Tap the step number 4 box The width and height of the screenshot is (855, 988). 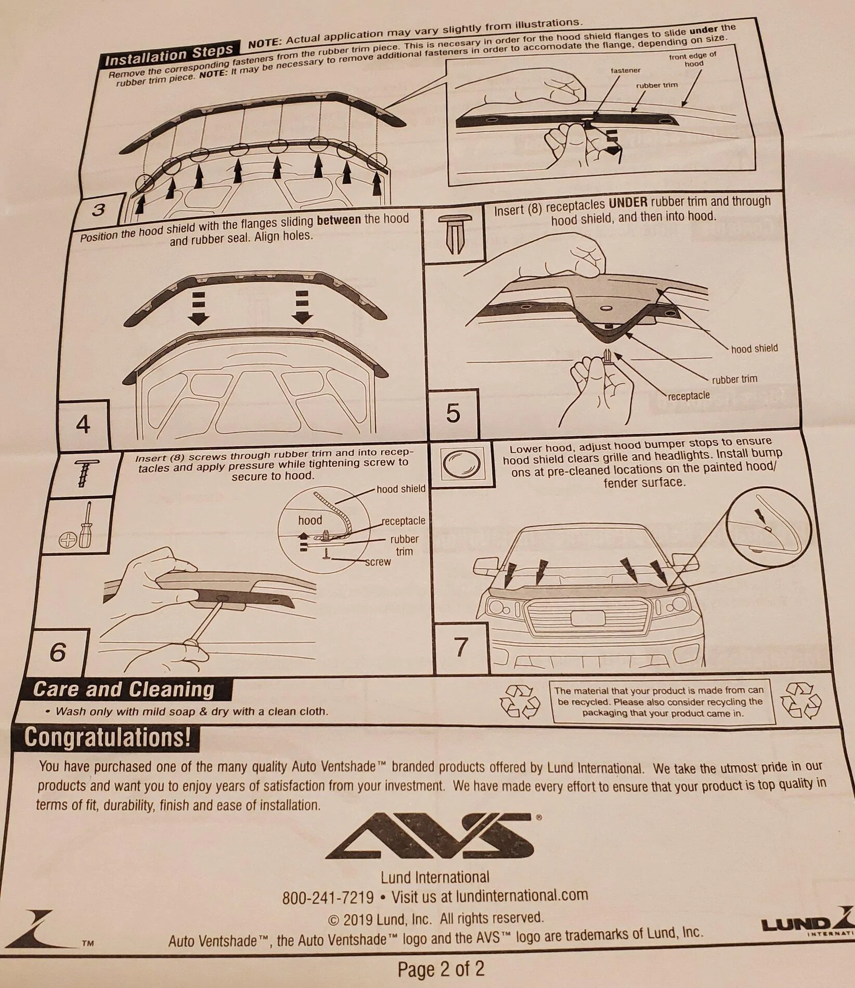click(83, 425)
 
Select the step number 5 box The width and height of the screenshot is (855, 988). click(453, 413)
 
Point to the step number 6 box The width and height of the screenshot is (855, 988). click(58, 652)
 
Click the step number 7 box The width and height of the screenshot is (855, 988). click(461, 647)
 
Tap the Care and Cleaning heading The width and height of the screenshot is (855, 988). click(124, 690)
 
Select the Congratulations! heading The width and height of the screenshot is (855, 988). click(108, 737)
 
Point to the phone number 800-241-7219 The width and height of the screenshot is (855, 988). click(328, 897)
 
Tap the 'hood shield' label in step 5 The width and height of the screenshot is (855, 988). click(755, 348)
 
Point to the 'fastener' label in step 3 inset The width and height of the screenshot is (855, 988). click(626, 70)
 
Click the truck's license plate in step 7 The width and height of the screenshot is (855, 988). click(588, 618)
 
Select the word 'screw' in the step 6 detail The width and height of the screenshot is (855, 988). click(378, 562)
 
